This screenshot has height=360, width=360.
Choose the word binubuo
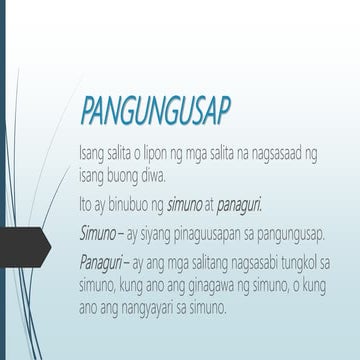pyautogui.click(x=135, y=203)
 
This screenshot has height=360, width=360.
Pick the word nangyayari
pyautogui.click(x=188, y=305)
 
